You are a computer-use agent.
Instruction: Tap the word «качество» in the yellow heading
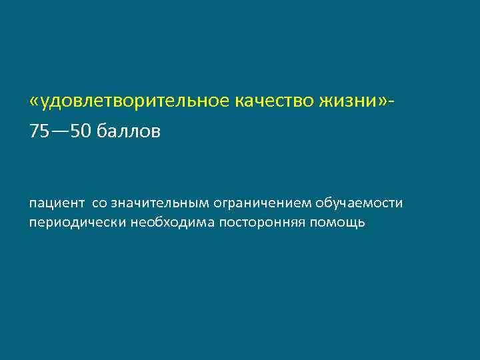pyautogui.click(x=280, y=101)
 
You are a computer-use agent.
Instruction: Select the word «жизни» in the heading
pyautogui.click(x=354, y=101)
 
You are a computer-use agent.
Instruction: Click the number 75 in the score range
pyautogui.click(x=39, y=131)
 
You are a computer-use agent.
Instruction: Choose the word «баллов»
pyautogui.click(x=129, y=131)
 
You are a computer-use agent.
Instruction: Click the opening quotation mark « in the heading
pyautogui.click(x=35, y=101)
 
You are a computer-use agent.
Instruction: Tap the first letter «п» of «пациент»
pyautogui.click(x=33, y=203)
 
